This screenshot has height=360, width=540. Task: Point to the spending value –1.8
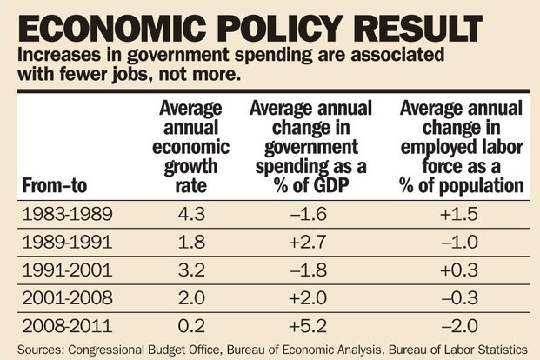pos(311,270)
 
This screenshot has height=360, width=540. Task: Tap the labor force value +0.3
pos(462,270)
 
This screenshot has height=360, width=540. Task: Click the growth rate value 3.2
pos(189,270)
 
